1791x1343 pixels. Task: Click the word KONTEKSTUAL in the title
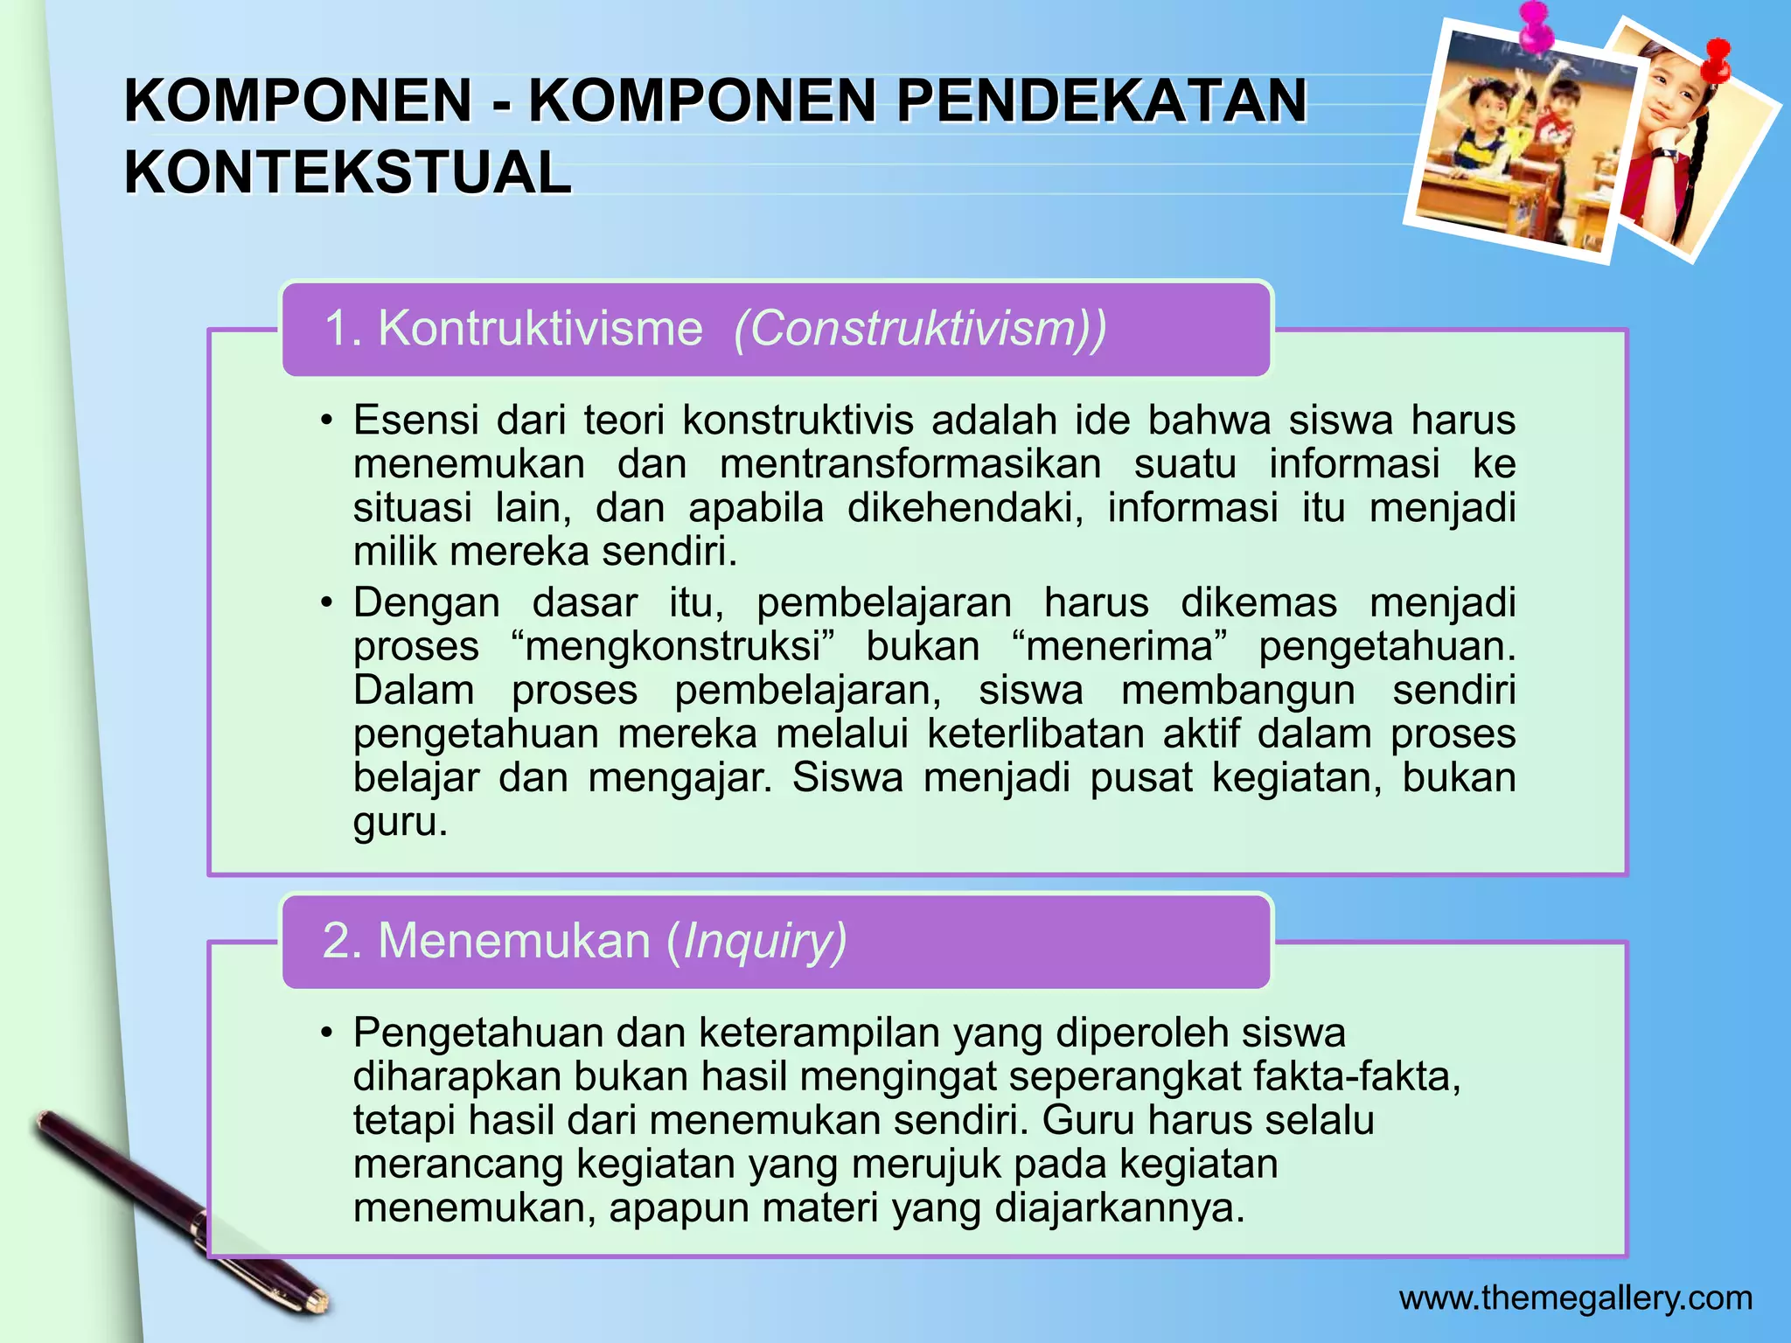coord(347,172)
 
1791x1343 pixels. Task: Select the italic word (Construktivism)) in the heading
coord(920,329)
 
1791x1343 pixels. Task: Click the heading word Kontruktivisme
coord(540,329)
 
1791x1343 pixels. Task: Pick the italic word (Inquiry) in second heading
coord(756,942)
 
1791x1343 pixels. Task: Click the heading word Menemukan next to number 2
coord(514,942)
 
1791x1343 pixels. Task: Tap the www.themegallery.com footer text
coord(1575,1298)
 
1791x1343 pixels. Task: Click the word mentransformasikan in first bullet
coord(910,463)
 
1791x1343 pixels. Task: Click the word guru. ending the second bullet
coord(400,822)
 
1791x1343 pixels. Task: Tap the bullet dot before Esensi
coord(326,421)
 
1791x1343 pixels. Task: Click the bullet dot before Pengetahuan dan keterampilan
coord(326,1033)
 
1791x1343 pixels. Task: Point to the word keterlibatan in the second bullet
coord(1035,734)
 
